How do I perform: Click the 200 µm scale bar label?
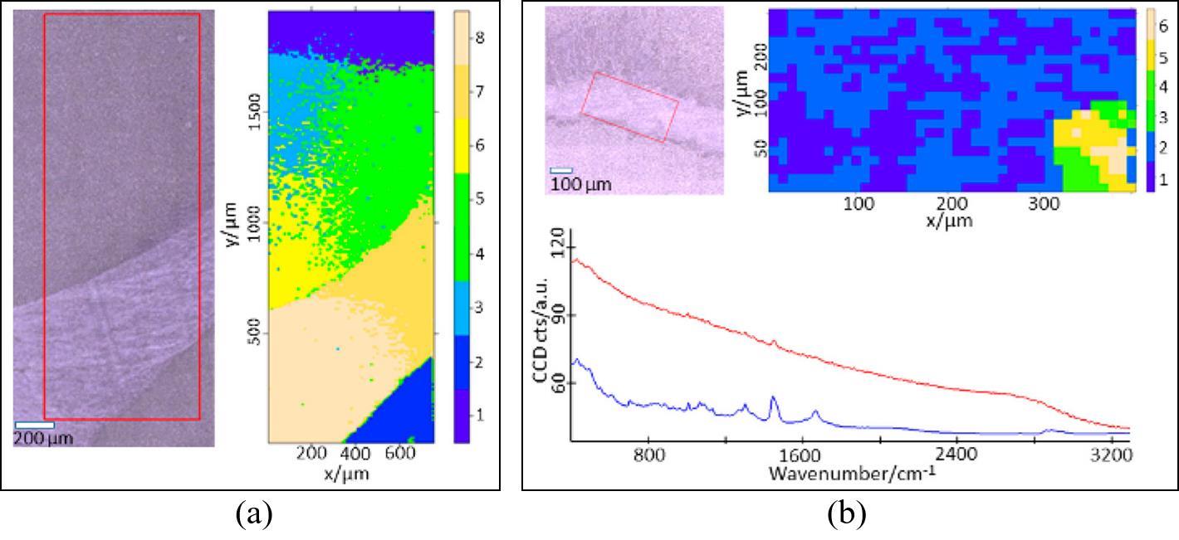pos(43,438)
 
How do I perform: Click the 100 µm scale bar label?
pos(580,183)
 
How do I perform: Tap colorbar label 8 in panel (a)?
pos(481,37)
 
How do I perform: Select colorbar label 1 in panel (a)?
pos(481,415)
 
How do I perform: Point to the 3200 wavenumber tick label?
pos(1111,455)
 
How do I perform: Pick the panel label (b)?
pos(846,514)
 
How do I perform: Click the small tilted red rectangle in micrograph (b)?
pos(629,107)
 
